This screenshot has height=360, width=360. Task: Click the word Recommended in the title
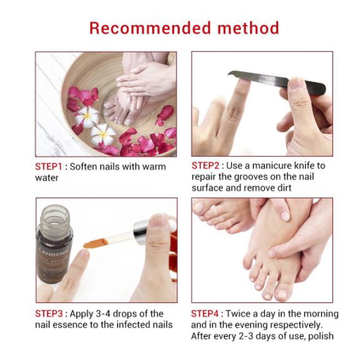150,28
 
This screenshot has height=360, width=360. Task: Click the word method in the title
248,28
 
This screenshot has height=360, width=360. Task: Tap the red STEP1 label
48,167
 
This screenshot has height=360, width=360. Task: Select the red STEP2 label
205,166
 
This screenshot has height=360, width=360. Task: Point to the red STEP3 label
49,314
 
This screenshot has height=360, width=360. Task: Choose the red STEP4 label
205,314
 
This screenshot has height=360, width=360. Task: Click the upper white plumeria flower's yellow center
87,116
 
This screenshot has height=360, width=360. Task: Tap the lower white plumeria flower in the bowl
103,134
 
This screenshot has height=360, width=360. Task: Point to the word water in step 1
46,178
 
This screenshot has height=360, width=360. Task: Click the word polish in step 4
321,336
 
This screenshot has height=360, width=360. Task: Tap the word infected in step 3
133,325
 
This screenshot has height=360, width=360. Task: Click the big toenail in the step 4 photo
282,294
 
